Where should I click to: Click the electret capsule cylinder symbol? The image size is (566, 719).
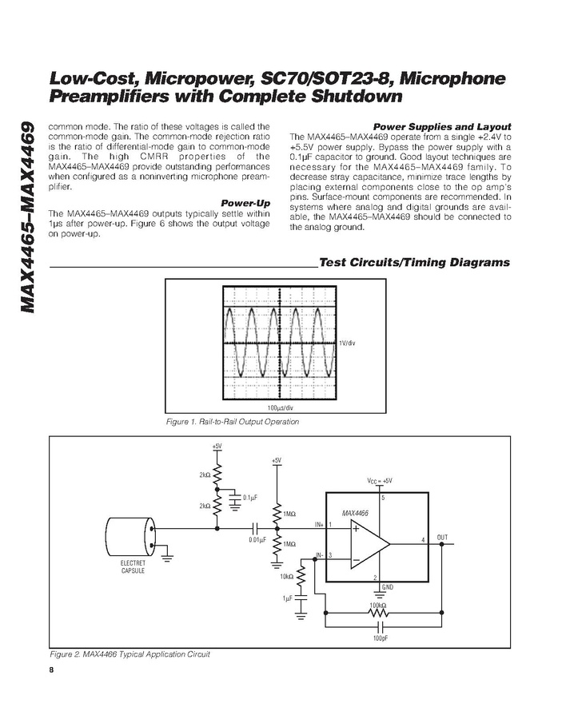pos(130,538)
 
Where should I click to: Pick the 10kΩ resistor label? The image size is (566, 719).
pos(286,575)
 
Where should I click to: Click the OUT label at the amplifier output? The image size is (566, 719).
pos(443,536)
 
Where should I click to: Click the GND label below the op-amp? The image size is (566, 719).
pos(388,586)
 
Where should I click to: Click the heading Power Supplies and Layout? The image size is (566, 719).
pos(442,127)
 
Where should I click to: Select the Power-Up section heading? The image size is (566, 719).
pos(245,203)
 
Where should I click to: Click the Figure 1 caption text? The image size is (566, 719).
pos(232,422)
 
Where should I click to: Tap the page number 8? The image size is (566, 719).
pos(51,669)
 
